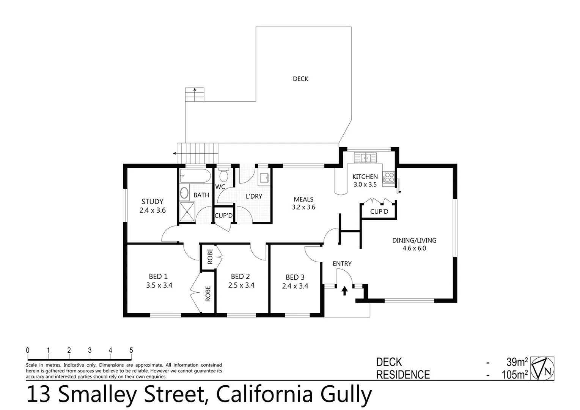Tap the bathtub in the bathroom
(x=195, y=176)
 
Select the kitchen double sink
(x=365, y=157)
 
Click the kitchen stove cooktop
(x=389, y=178)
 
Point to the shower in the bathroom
(x=187, y=211)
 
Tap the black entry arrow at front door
(x=344, y=291)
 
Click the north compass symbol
(x=542, y=368)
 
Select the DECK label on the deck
(x=300, y=79)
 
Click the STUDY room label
(x=152, y=202)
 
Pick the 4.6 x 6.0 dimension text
(x=414, y=248)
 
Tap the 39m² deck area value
(x=517, y=362)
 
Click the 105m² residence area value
(x=514, y=375)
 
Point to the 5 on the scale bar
(x=131, y=350)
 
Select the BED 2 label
(x=240, y=276)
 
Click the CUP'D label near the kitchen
(x=379, y=211)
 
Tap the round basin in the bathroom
(x=184, y=193)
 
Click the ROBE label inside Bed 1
(x=208, y=293)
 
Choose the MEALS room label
(x=303, y=199)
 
